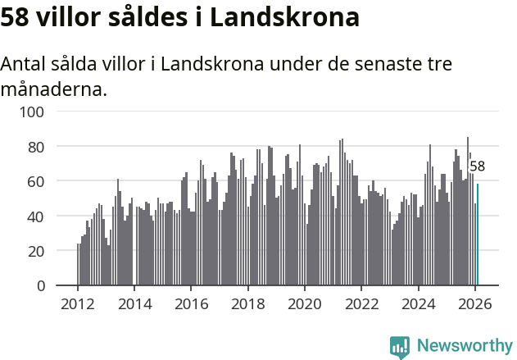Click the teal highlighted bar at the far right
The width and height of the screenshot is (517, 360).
tap(478, 235)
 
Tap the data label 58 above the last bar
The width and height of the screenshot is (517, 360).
tap(477, 166)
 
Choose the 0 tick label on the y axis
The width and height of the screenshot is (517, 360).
tap(41, 286)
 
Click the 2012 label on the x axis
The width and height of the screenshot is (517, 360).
tap(78, 304)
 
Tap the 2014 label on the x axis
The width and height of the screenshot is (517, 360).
tap(134, 304)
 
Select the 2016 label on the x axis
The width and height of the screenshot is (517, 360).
tap(191, 304)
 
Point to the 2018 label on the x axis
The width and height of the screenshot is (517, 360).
tap(247, 304)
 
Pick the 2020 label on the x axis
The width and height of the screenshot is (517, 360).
tap(304, 304)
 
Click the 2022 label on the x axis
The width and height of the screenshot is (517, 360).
tap(361, 304)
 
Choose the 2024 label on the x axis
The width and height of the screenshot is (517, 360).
tap(418, 304)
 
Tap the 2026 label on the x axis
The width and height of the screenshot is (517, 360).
tap(474, 304)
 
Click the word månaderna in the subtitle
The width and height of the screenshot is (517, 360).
tap(53, 89)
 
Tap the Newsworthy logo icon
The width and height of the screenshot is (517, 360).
tap(400, 347)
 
